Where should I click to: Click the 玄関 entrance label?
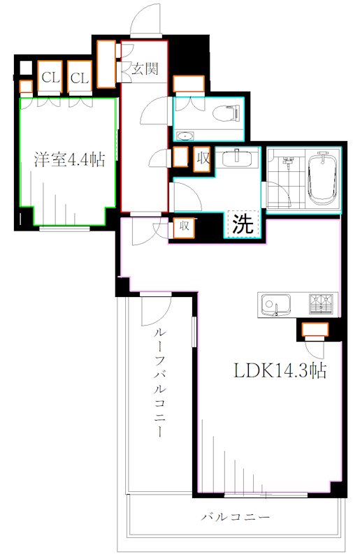click(x=145, y=68)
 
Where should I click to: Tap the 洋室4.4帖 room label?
click(x=70, y=159)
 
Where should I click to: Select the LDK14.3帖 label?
click(x=280, y=371)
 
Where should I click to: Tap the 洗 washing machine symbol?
click(x=243, y=224)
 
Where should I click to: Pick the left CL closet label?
click(x=50, y=78)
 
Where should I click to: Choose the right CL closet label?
click(x=80, y=78)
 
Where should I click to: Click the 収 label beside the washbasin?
click(x=203, y=158)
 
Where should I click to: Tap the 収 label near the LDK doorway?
click(x=183, y=226)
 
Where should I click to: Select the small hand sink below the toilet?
click(x=186, y=136)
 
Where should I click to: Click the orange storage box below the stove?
click(x=315, y=329)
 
